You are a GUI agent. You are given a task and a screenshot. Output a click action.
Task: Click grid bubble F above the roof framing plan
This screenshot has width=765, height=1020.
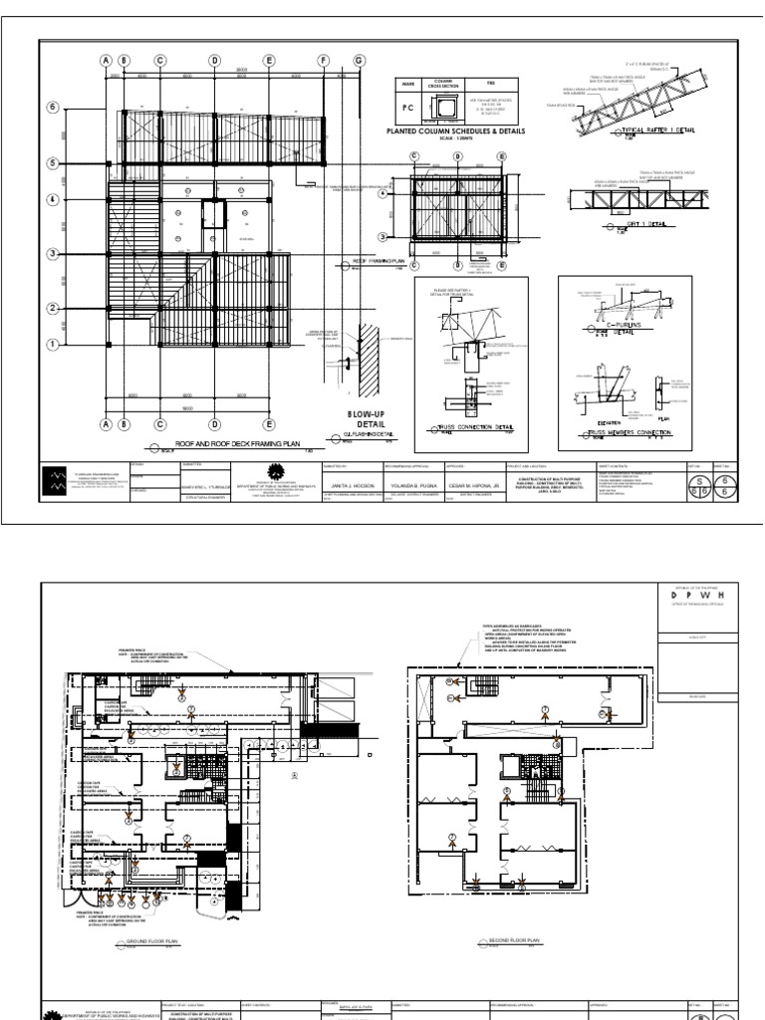point(323,60)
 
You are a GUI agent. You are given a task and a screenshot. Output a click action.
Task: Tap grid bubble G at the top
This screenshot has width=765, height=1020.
point(357,60)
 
